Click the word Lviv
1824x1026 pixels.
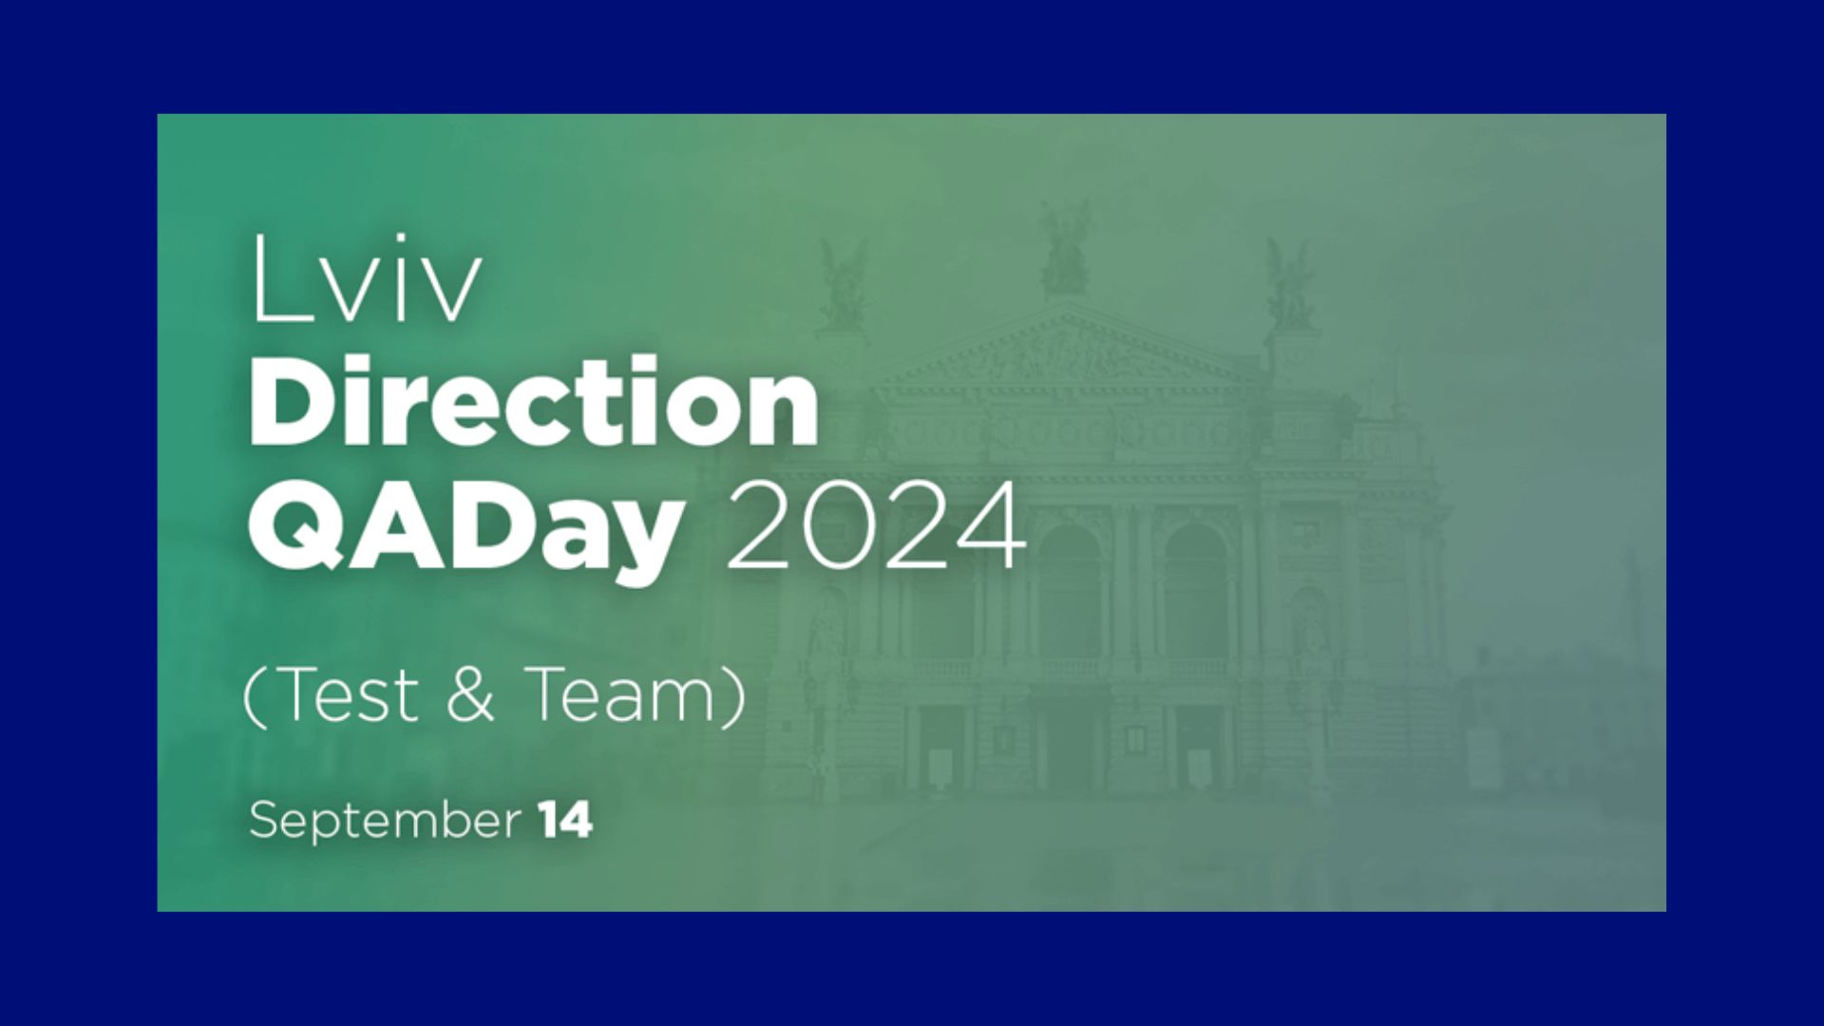(367, 278)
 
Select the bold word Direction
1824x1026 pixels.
(533, 401)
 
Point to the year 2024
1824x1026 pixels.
(876, 525)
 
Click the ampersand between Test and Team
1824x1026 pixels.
(470, 693)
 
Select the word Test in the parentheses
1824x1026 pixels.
(348, 693)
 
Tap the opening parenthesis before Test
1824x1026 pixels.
(254, 696)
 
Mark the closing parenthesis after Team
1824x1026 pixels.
(734, 696)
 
